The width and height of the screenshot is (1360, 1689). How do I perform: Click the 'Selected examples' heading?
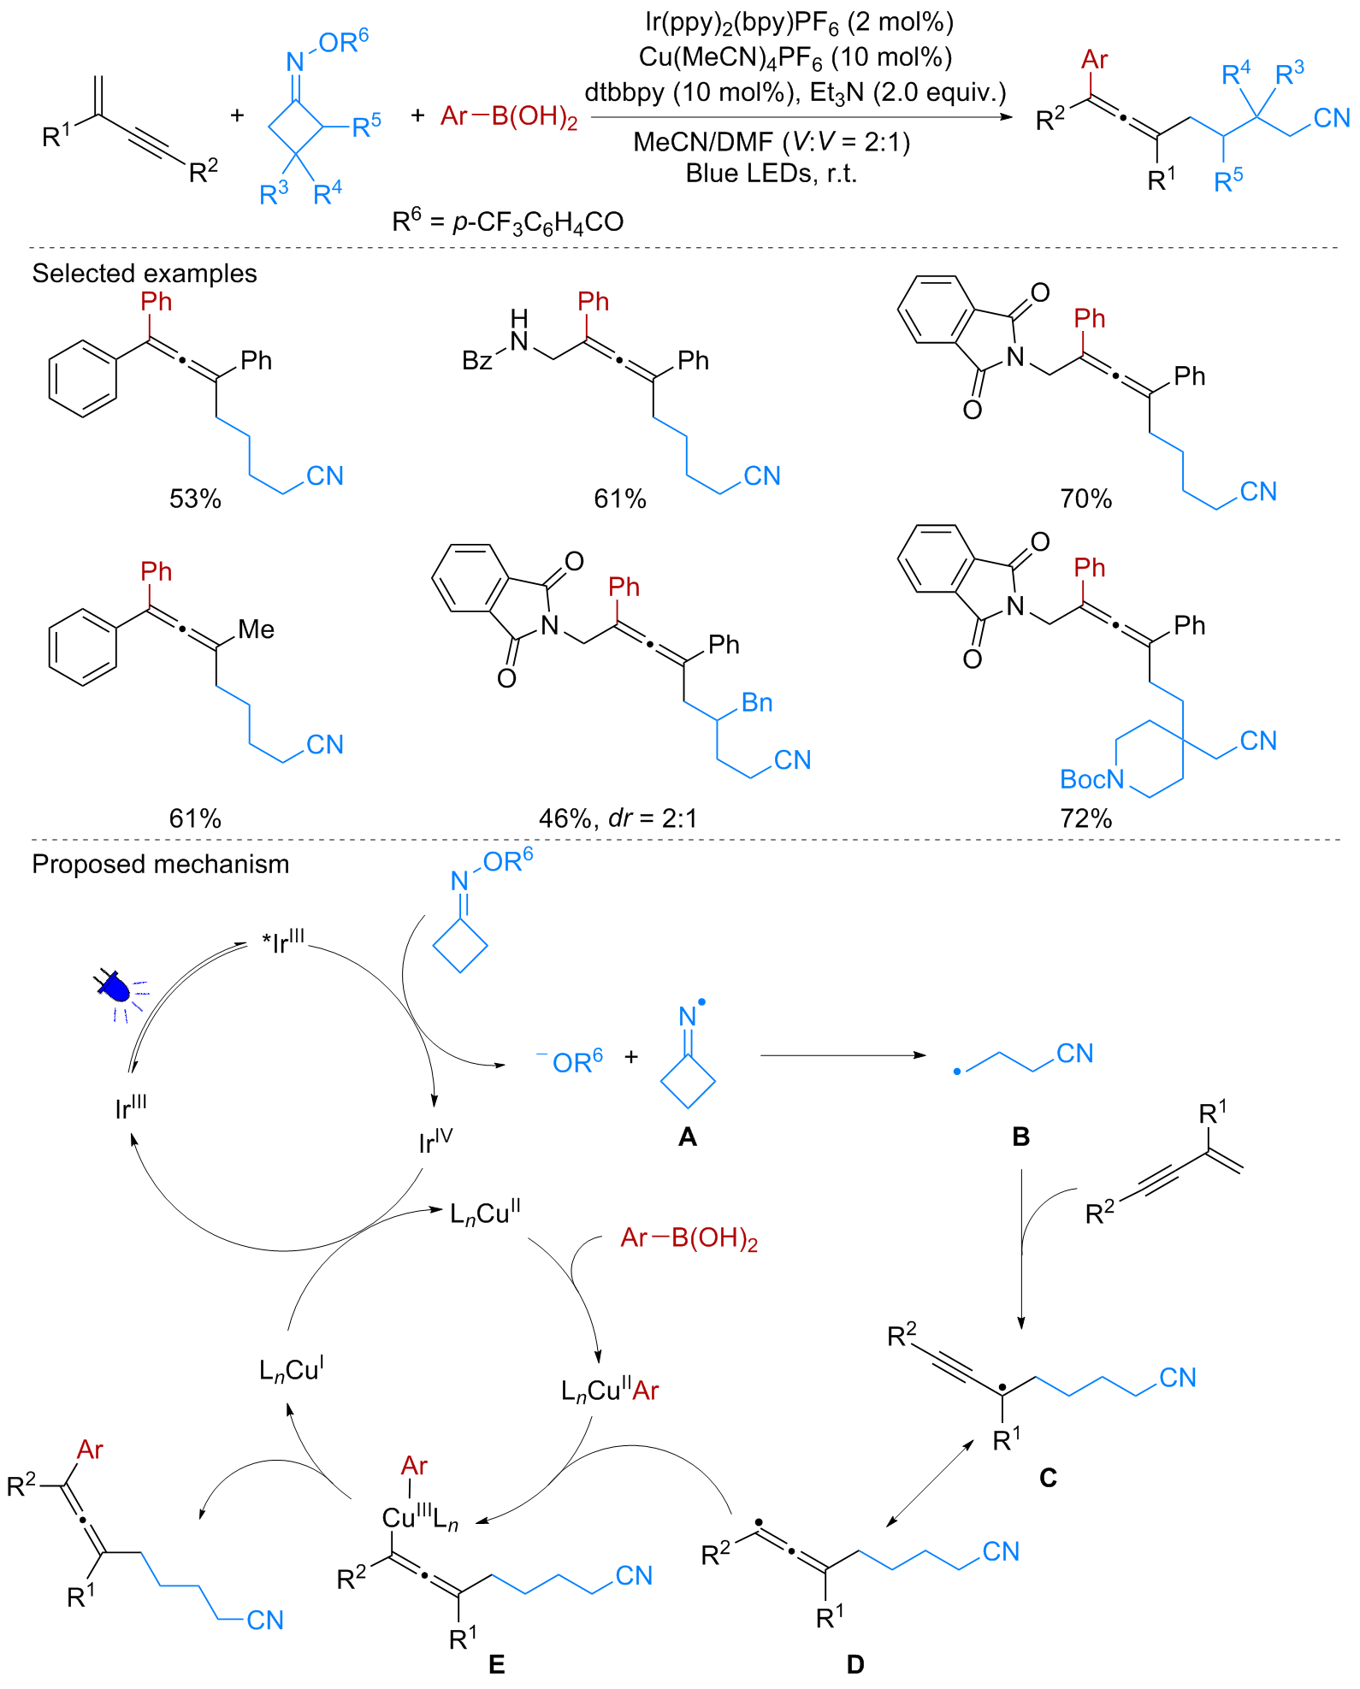pos(145,274)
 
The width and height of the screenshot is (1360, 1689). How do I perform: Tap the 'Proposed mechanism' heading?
pos(161,865)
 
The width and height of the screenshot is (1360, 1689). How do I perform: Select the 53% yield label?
pos(195,499)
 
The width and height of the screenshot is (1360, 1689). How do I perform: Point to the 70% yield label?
pos(1085,499)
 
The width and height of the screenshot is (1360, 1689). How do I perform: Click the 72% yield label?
pos(1085,818)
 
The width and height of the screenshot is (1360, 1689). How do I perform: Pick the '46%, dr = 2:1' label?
pos(618,818)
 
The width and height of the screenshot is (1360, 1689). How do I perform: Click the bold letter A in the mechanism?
pos(687,1137)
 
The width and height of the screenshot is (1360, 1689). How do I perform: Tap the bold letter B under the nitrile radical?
pos(1020,1137)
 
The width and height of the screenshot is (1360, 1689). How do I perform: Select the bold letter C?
pos(1048,1478)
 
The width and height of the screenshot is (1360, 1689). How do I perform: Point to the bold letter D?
pos(854,1664)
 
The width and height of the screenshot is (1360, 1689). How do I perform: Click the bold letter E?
pos(496,1664)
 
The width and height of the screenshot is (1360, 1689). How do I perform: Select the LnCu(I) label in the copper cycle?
pos(291,1370)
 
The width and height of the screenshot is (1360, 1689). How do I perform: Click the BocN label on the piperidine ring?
pos(1092,779)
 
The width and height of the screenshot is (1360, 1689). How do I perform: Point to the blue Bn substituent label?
pos(757,703)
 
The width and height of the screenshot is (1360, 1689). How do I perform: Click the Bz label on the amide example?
pos(477,361)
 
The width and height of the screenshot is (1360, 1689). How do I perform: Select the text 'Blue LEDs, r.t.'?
pos(772,174)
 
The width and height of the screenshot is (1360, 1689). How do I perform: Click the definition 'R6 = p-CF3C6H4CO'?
pos(508,221)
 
